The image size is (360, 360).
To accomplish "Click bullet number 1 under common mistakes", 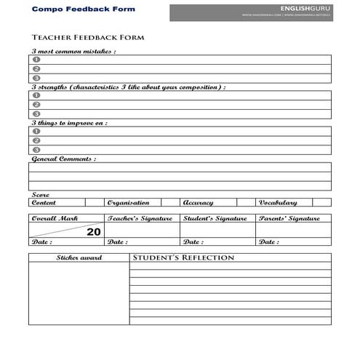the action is click(x=36, y=60).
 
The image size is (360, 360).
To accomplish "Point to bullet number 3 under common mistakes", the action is click(x=36, y=77).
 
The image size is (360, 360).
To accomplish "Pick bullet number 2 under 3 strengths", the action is click(x=36, y=105).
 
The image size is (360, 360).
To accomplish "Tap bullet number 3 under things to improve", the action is click(x=36, y=150).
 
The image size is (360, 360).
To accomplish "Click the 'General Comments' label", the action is click(x=63, y=159).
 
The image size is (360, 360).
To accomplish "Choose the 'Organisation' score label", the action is click(x=128, y=203).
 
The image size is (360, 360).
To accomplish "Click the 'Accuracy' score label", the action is click(x=198, y=203).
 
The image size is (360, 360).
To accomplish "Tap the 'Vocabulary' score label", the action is click(x=277, y=203).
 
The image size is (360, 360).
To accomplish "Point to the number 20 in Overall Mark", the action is click(x=94, y=232).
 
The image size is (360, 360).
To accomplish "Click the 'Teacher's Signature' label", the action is click(x=140, y=218).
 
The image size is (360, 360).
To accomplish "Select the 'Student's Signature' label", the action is click(x=215, y=218).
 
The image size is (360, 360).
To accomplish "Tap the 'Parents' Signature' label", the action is click(x=289, y=218).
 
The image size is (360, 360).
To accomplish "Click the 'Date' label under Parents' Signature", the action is click(x=268, y=242).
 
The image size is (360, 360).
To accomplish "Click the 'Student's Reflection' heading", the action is click(x=183, y=258).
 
